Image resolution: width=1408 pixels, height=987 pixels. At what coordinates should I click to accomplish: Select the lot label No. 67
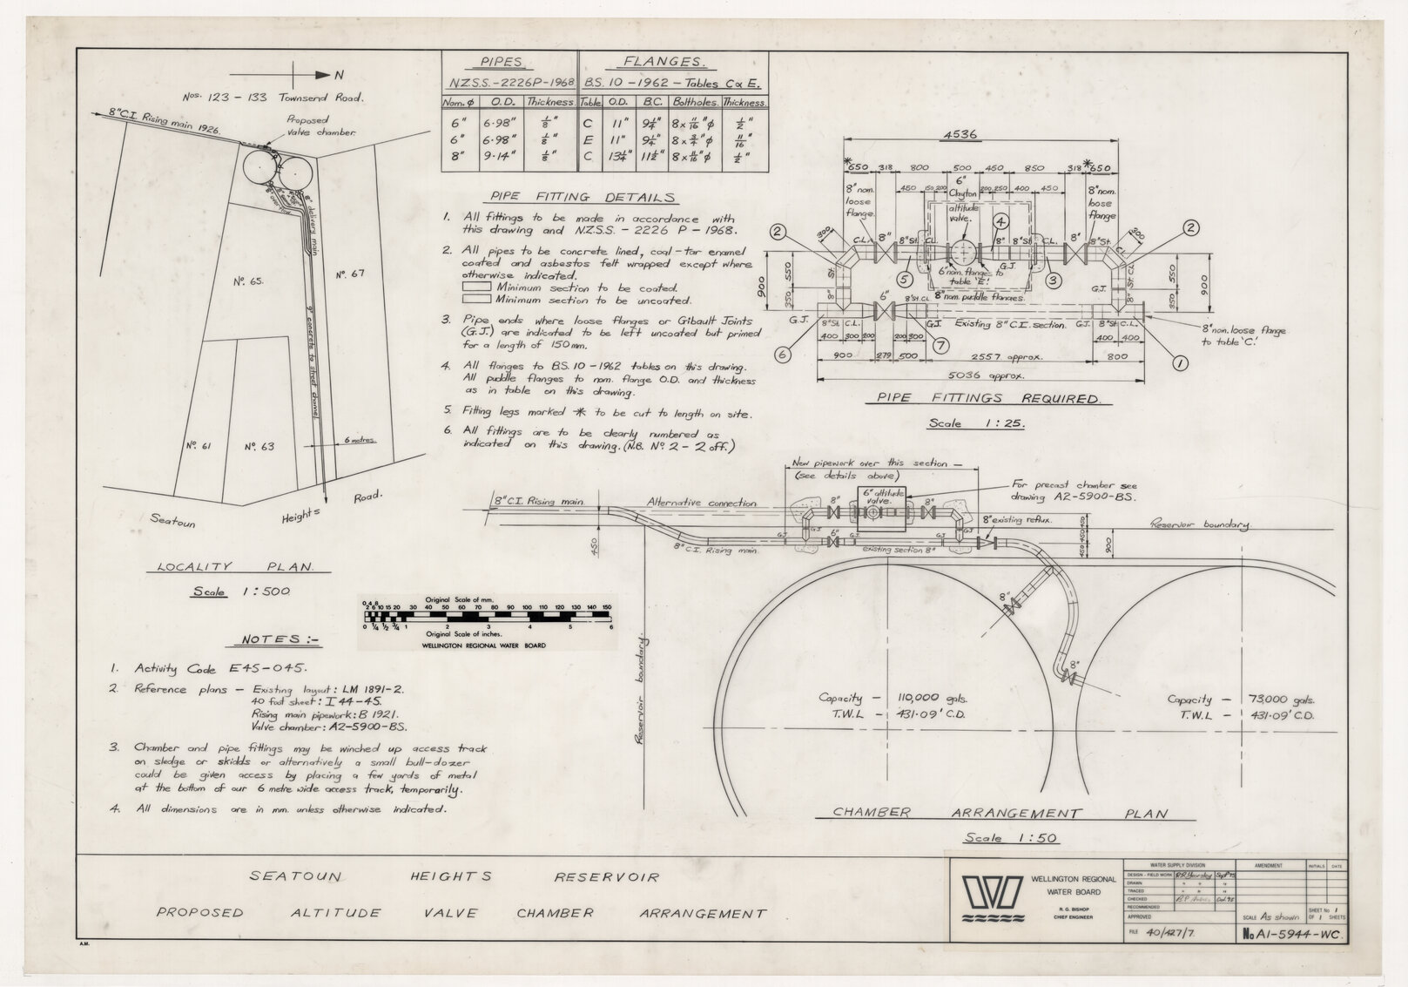[x=352, y=274]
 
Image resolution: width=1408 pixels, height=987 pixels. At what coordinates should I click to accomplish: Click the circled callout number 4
[x=1001, y=222]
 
